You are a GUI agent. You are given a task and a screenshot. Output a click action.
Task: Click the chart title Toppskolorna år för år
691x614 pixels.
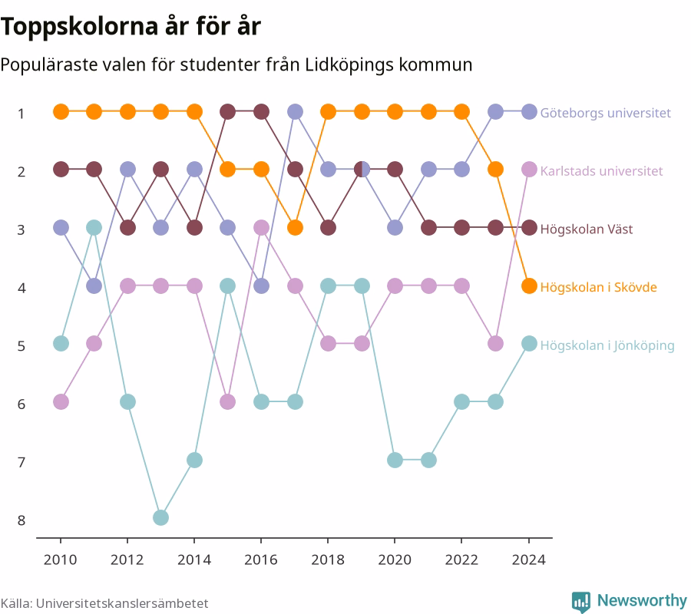pyautogui.click(x=131, y=26)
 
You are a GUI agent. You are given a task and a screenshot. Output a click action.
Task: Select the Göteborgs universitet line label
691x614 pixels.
pyautogui.click(x=606, y=113)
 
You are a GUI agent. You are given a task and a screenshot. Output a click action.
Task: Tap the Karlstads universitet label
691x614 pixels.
pyautogui.click(x=601, y=171)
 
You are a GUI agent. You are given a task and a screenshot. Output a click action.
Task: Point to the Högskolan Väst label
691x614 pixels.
pyautogui.click(x=587, y=229)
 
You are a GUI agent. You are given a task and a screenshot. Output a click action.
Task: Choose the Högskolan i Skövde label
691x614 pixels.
pyautogui.click(x=598, y=287)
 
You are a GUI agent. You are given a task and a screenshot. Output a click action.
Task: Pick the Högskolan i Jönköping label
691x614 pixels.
pyautogui.click(x=607, y=345)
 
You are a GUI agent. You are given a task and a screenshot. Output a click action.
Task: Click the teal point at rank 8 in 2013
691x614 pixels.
pyautogui.click(x=161, y=517)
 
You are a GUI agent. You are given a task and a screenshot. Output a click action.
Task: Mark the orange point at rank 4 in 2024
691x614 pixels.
pyautogui.click(x=529, y=286)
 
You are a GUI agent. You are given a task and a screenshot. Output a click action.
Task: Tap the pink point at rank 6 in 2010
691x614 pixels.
pyautogui.click(x=61, y=401)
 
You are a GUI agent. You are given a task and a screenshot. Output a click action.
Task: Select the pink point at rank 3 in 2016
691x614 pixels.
pyautogui.click(x=261, y=228)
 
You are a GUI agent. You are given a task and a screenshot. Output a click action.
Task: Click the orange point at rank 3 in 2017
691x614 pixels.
pyautogui.click(x=295, y=228)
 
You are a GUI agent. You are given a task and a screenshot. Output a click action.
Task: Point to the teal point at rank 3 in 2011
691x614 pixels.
pyautogui.click(x=94, y=228)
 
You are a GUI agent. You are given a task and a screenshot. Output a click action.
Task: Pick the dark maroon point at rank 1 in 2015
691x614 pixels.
pyautogui.click(x=227, y=112)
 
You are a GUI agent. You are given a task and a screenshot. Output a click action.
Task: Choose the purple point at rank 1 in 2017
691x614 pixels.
pyautogui.click(x=295, y=112)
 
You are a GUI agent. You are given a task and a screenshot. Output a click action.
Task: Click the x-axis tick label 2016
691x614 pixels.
pyautogui.click(x=261, y=560)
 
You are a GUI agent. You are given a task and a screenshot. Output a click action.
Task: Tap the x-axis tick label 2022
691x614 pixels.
pyautogui.click(x=461, y=560)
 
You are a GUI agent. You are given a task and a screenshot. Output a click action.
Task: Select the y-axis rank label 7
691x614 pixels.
pyautogui.click(x=21, y=463)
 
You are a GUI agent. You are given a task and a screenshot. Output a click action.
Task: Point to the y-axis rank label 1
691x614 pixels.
pyautogui.click(x=21, y=114)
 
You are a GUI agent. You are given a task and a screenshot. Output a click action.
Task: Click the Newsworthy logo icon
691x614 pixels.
pyautogui.click(x=581, y=602)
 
